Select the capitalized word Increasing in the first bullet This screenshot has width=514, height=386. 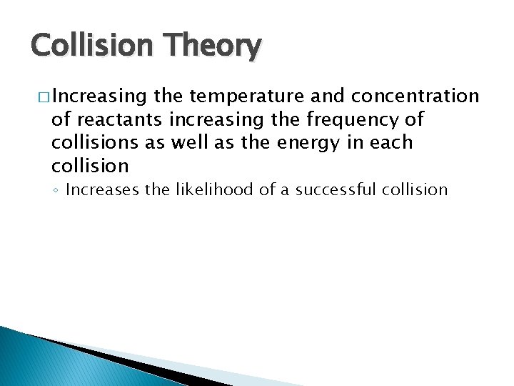[96, 96]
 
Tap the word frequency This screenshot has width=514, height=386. [342, 119]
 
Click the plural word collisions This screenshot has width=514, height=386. [93, 142]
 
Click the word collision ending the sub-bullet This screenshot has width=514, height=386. [415, 190]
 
